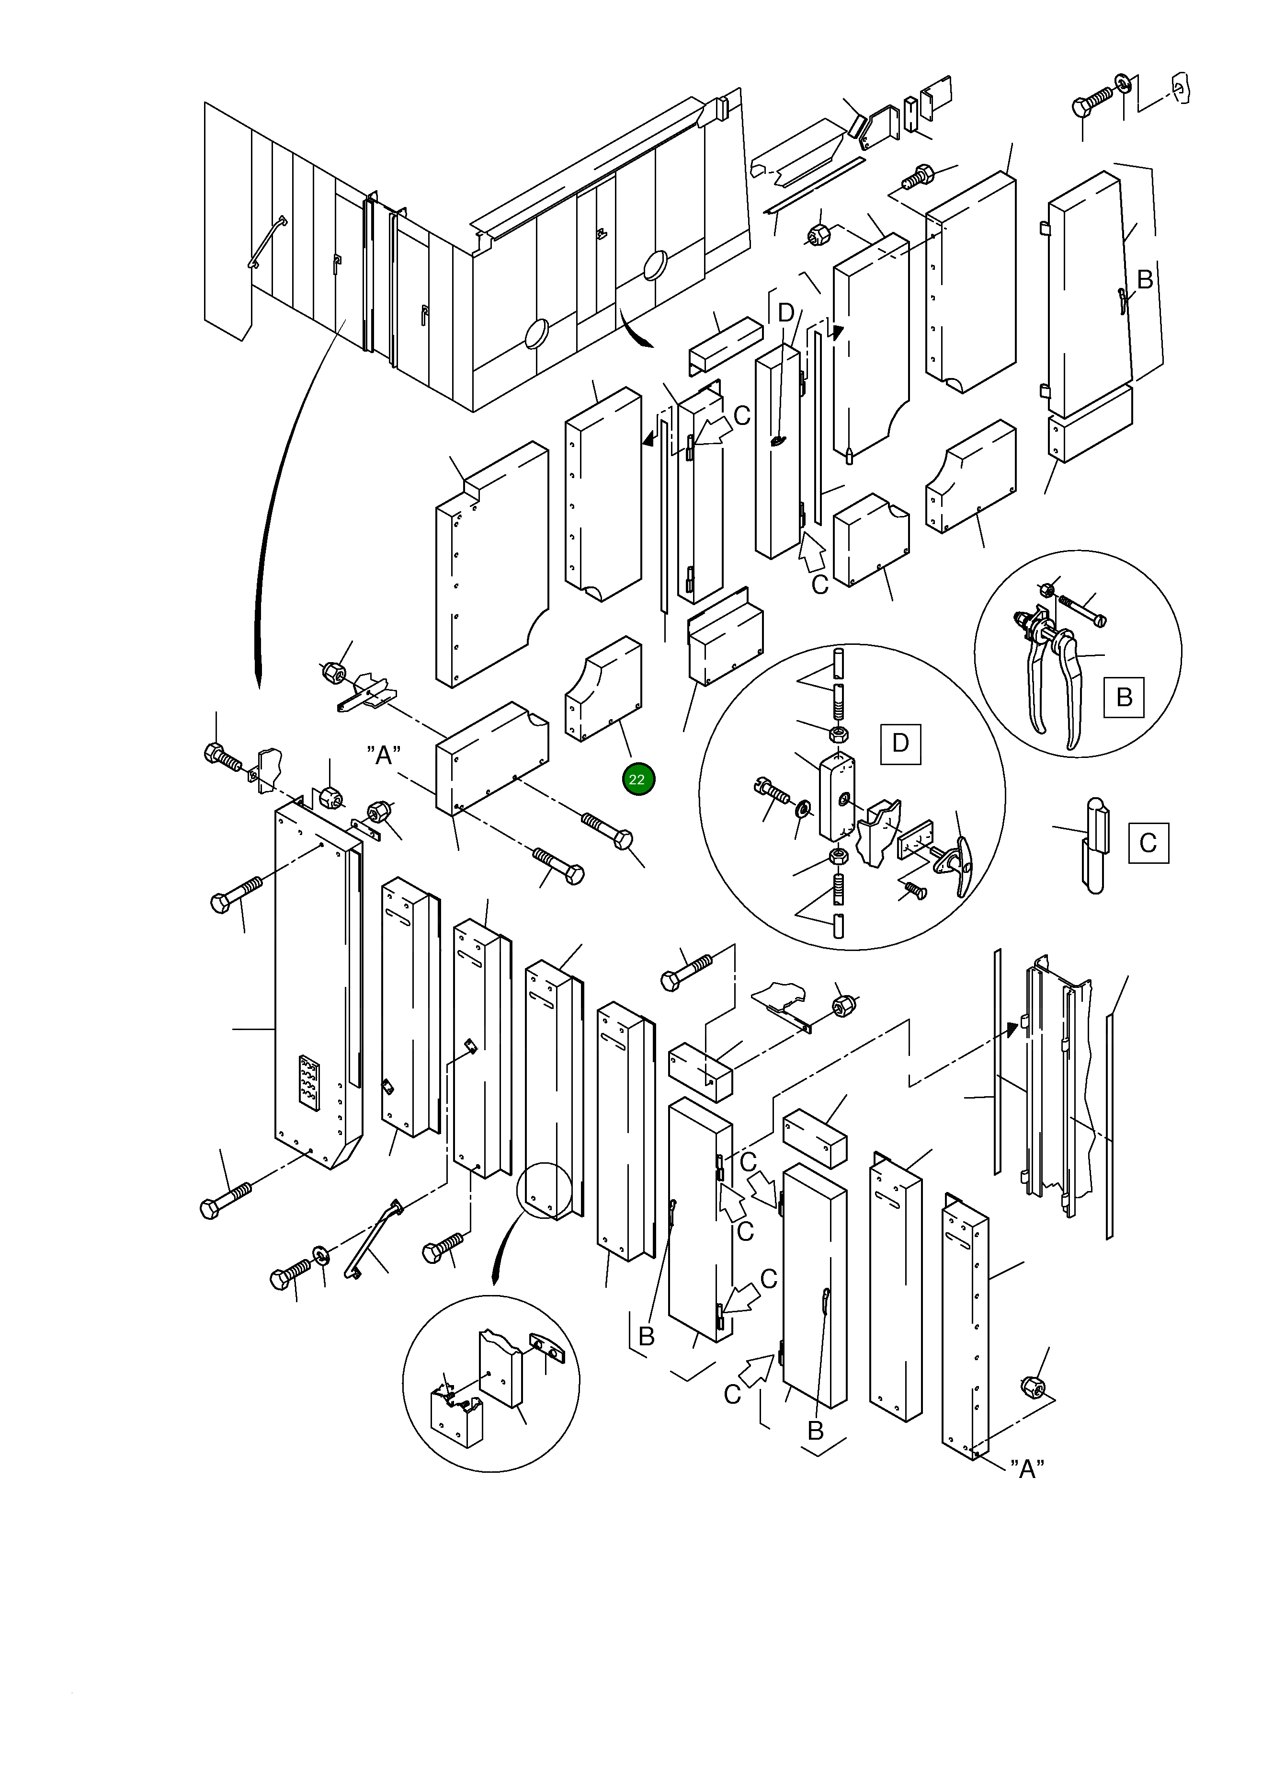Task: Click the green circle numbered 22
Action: coord(638,779)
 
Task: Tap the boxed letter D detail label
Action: coord(900,743)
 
